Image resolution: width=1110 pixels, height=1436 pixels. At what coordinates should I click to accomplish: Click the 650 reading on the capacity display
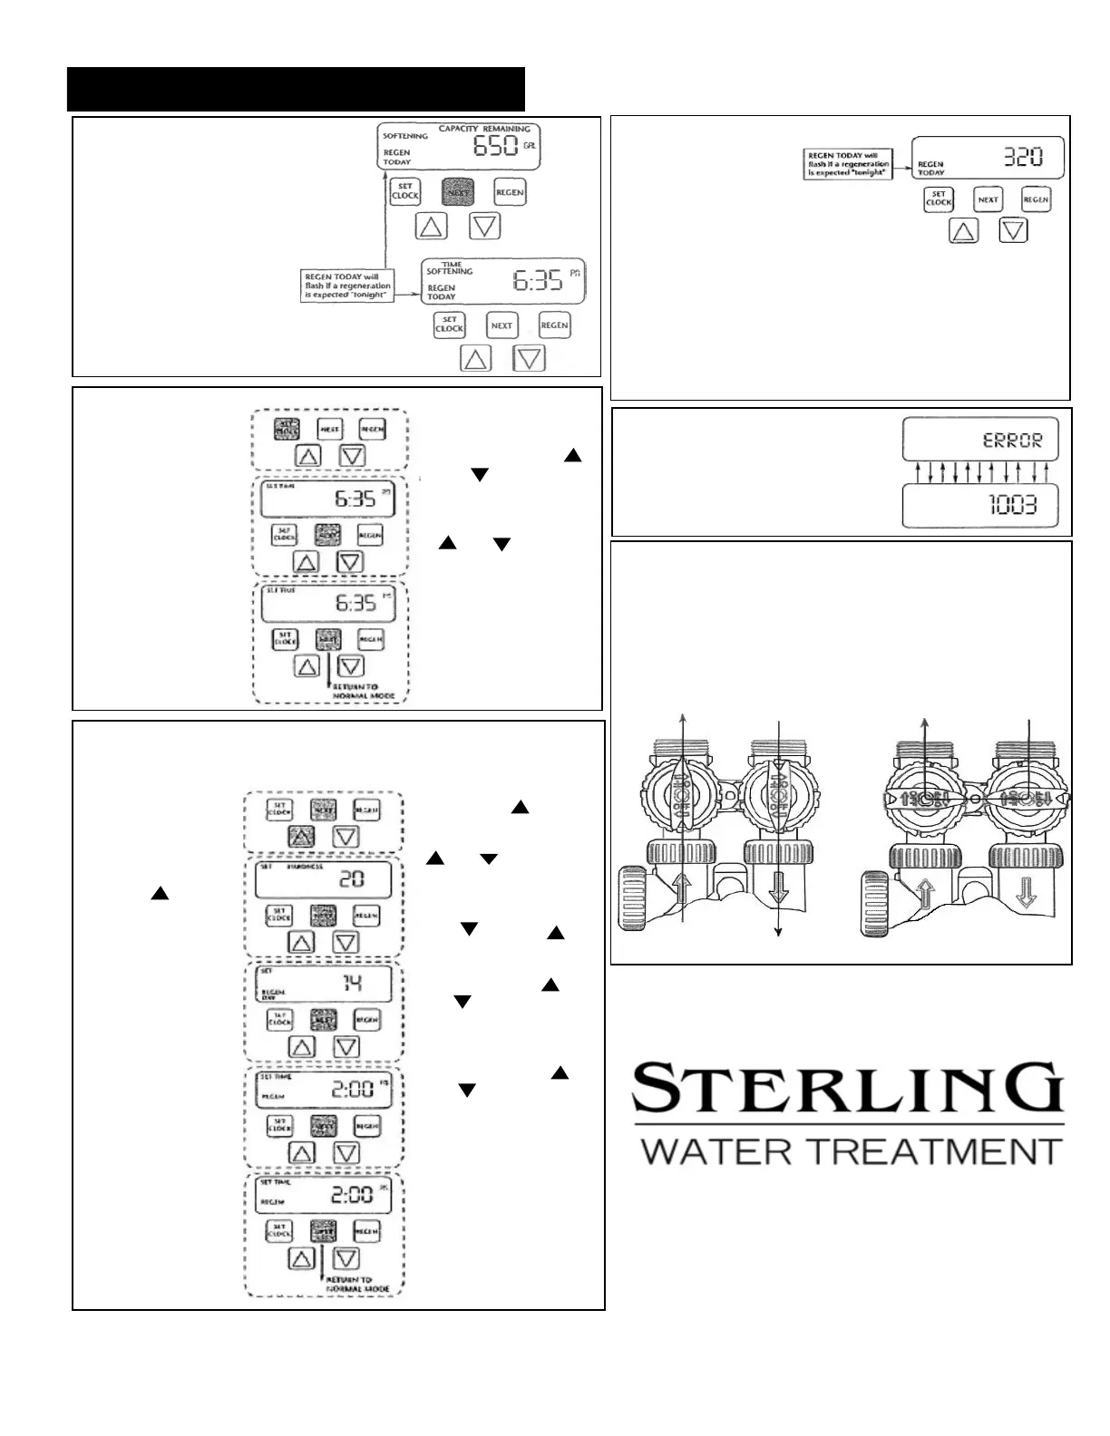pos(495,147)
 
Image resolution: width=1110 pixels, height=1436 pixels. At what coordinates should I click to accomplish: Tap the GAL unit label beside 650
pos(530,145)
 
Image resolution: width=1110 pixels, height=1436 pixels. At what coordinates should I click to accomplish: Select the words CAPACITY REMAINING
pos(484,129)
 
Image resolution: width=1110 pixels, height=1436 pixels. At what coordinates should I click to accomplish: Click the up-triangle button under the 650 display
pos(431,226)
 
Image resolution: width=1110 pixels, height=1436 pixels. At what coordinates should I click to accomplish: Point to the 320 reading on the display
pos(1022,158)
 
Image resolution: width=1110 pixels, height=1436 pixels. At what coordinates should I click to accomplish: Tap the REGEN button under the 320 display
pos(1036,199)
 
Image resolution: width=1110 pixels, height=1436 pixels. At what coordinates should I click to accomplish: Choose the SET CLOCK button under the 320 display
pos(939,199)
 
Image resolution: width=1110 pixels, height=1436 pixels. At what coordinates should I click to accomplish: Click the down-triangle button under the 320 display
pos(1013,231)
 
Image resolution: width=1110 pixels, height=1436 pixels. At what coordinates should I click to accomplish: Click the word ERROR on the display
pos(1013,441)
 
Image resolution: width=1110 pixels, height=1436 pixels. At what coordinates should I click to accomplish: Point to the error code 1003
pos(1012,504)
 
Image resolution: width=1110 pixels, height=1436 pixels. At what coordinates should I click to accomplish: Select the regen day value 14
pos(352,983)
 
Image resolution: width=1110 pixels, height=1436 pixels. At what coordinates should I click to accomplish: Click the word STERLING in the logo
pos(847,1091)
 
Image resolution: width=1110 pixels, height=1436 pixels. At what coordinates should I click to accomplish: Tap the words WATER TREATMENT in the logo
pos(851,1150)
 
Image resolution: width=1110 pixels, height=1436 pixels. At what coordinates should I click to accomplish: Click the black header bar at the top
pos(297,88)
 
